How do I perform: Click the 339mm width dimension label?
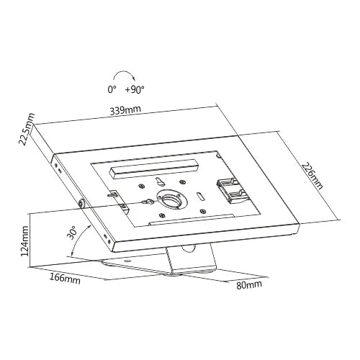pos(125,110)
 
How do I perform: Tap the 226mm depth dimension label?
pos(312,176)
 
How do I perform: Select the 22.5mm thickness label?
pos(27,129)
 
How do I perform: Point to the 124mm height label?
pos(25,241)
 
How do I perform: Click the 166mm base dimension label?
pos(65,279)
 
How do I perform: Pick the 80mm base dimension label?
pos(249,284)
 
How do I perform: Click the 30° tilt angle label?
pos(71,233)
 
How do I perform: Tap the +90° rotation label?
pos(135,90)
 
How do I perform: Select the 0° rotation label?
pos(112,90)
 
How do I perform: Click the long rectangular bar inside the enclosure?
pos(154,168)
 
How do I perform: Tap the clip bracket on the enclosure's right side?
pos(230,189)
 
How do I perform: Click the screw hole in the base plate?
pos(127,261)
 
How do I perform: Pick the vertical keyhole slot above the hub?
pos(159,181)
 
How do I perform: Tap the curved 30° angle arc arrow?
pos(76,240)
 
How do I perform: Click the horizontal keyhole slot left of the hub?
pos(147,201)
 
